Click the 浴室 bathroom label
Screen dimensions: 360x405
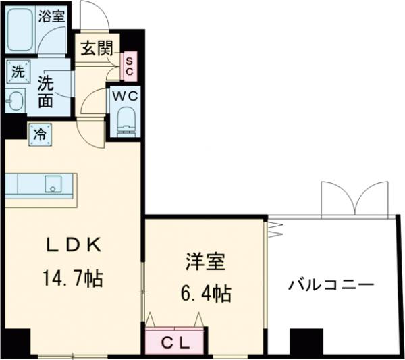coord(52,15)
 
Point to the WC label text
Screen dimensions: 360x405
coord(125,96)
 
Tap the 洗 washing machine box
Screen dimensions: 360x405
coord(17,70)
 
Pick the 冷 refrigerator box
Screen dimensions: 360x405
coord(39,133)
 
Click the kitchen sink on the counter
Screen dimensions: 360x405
coord(52,183)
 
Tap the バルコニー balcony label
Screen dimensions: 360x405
coord(331,284)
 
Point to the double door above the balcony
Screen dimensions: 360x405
coord(354,197)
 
